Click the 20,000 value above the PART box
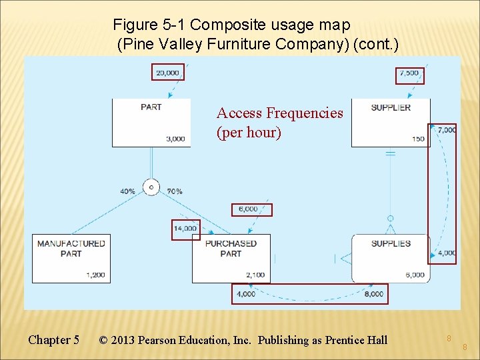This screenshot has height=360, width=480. tap(167, 73)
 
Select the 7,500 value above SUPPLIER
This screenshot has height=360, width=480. tap(409, 73)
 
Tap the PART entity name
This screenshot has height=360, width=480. tap(151, 107)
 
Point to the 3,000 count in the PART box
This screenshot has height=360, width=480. tap(175, 139)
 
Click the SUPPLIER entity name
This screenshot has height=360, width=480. tap(391, 107)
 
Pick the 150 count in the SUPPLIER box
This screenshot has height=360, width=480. tap(418, 139)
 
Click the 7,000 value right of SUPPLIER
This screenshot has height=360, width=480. tap(447, 130)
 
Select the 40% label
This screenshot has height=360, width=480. tap(127, 191)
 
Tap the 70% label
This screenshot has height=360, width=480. tap(175, 191)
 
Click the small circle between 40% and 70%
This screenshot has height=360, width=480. tap(151, 187)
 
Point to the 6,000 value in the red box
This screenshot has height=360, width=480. tap(247, 209)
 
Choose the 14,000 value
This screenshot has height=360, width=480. tap(185, 229)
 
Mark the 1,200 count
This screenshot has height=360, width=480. tap(95, 275)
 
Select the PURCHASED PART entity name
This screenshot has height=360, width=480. tap(231, 249)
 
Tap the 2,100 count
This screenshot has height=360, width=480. tap(255, 275)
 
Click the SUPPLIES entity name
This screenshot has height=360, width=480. tap(391, 244)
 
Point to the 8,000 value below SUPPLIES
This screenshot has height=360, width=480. tap(374, 294)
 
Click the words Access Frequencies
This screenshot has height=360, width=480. tap(280, 113)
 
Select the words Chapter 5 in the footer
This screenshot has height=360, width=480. tap(53, 340)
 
